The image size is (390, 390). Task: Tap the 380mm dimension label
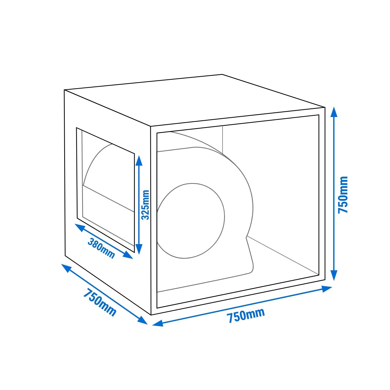[101, 248]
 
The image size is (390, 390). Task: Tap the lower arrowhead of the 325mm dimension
[139, 249]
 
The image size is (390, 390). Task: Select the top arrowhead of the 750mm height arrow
[334, 113]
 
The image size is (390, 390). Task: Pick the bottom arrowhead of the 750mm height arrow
[334, 275]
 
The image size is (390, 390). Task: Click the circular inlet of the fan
[191, 221]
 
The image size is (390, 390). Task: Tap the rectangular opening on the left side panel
[105, 190]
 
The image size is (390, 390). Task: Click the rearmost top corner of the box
[222, 75]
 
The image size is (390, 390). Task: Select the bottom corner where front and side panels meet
[151, 315]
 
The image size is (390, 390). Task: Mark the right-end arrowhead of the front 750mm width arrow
[327, 289]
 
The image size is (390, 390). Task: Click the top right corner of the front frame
[325, 107]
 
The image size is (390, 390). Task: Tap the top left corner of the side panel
[64, 90]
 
